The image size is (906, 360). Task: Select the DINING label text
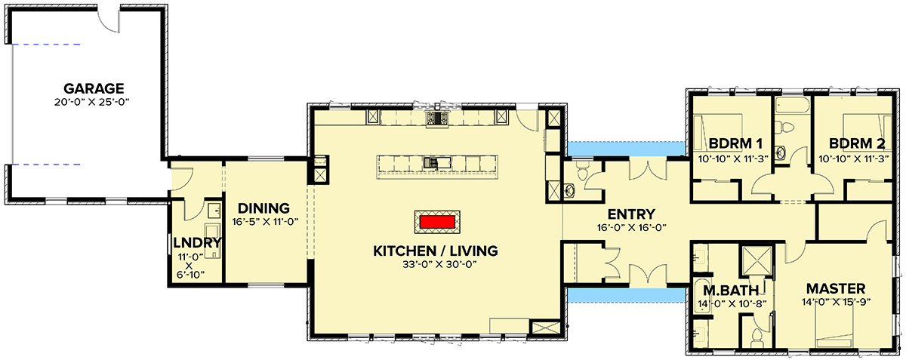263,208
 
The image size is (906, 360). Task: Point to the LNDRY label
196,243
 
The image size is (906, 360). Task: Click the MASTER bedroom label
835,289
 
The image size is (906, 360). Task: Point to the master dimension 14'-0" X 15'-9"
835,303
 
